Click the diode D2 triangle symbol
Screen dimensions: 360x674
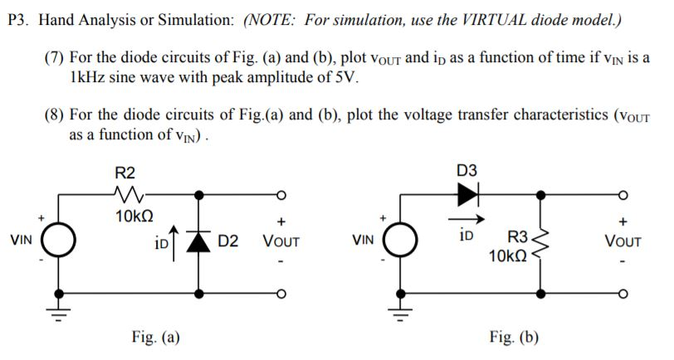pyautogui.click(x=198, y=241)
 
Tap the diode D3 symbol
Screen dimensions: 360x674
pyautogui.click(x=469, y=194)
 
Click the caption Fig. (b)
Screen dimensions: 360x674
pyautogui.click(x=514, y=337)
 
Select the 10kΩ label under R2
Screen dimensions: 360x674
pyautogui.click(x=133, y=216)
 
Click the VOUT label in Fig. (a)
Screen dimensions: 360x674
pyautogui.click(x=281, y=242)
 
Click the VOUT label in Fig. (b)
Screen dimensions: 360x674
pyautogui.click(x=623, y=242)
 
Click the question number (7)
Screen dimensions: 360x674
pyautogui.click(x=56, y=59)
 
